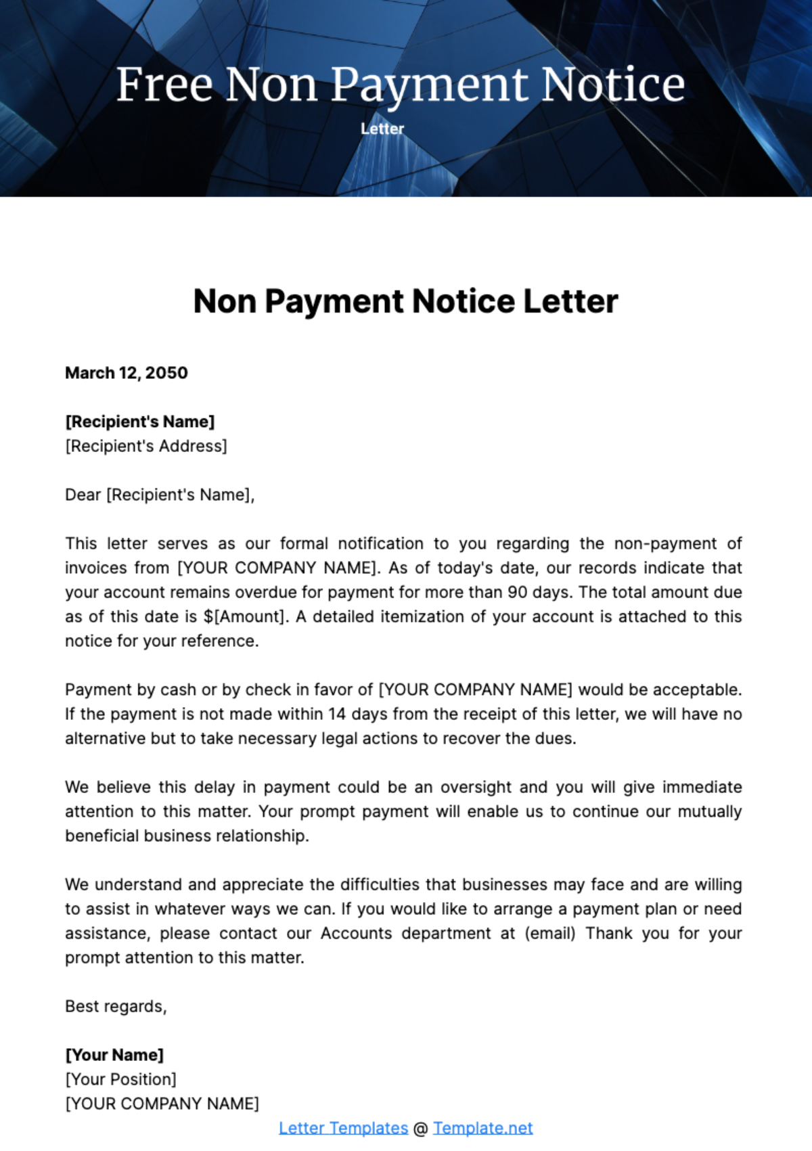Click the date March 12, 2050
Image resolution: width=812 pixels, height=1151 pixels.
(127, 373)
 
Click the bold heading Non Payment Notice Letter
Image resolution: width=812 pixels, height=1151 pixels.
(405, 301)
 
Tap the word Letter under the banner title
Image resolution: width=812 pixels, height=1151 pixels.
(382, 129)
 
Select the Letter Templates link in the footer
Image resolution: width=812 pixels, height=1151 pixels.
(343, 1128)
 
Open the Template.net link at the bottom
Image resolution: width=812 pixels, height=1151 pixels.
(482, 1128)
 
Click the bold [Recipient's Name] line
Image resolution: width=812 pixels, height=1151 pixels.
(139, 422)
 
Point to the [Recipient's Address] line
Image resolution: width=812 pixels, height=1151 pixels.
(146, 446)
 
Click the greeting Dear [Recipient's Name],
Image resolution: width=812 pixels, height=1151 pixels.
(160, 495)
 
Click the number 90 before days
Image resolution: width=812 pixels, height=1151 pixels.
(518, 592)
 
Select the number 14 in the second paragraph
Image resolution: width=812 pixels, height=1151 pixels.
(337, 714)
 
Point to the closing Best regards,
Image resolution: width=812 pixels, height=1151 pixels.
(116, 1006)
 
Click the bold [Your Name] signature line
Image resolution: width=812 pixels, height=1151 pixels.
(114, 1055)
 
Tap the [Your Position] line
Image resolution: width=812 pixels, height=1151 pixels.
(120, 1079)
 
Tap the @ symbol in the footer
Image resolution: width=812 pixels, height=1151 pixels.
(420, 1129)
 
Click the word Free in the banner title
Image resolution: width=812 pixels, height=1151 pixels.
(164, 85)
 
